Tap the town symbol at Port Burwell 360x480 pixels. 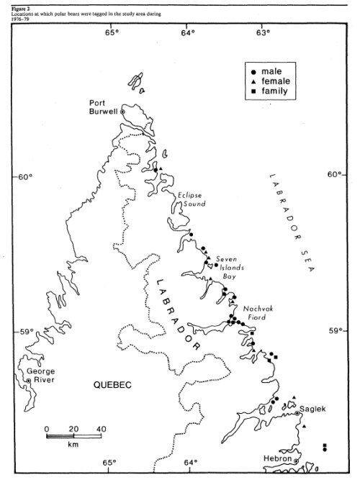pyautogui.click(x=122, y=112)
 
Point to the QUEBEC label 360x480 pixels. pyautogui.click(x=112, y=386)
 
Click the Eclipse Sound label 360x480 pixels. pyautogui.click(x=190, y=199)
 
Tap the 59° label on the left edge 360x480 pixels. pyautogui.click(x=27, y=332)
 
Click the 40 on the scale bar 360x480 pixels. pyautogui.click(x=102, y=430)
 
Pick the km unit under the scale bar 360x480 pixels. pyautogui.click(x=73, y=445)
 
